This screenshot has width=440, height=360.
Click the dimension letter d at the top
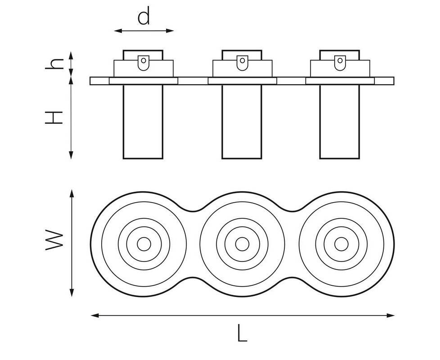click(144, 16)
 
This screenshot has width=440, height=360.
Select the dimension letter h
click(54, 64)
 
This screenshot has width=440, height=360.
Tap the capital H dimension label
click(54, 117)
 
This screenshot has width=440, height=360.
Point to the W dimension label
click(54, 240)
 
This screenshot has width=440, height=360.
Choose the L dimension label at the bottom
click(242, 333)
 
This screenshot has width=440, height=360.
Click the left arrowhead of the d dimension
click(117, 31)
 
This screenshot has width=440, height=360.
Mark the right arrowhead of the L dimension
click(391, 315)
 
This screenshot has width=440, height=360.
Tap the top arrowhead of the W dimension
click(72, 193)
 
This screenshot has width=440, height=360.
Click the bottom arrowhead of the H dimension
click(71, 155)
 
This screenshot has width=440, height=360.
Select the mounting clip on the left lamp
click(144, 63)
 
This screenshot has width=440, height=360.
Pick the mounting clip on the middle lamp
click(242, 63)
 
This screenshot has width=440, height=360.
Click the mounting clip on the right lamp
click(340, 63)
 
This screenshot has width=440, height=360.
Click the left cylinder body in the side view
click(143, 121)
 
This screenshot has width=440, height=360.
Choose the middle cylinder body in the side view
click(242, 121)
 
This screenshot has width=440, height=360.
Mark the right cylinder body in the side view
click(340, 121)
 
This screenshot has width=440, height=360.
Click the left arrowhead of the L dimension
click(95, 315)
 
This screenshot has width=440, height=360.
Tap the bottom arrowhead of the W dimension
click(72, 293)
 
